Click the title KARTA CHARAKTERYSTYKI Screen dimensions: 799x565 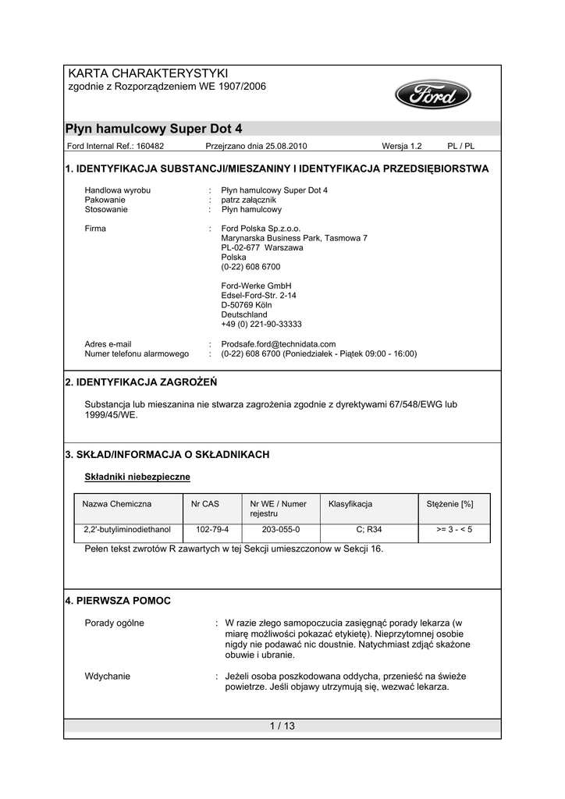pos(147,73)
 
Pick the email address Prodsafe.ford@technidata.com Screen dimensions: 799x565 pos(279,343)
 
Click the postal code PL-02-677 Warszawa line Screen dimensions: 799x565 pos(262,247)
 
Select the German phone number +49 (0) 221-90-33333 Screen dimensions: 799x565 pos(261,324)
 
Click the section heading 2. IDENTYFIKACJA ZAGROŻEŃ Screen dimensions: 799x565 pos(141,382)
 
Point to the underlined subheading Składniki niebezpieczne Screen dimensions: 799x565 pos(137,476)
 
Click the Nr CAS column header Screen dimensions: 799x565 pos(205,504)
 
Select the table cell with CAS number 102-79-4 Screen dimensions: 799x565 pos(212,529)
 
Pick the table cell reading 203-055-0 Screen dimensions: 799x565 pos(280,529)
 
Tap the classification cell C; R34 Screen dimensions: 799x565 pos(368,529)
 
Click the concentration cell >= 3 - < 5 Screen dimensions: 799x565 pos(454,529)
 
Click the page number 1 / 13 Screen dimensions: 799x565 pos(282,726)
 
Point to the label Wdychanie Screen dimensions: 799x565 pos(108,676)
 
